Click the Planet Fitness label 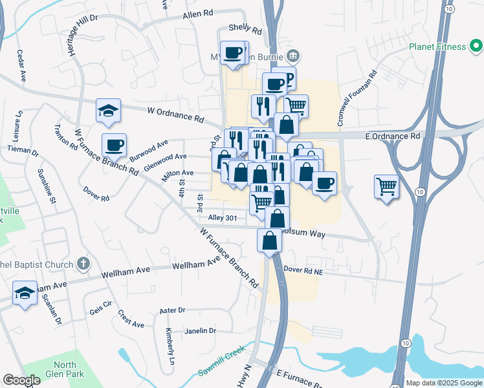point(437,47)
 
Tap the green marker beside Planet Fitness point(476,46)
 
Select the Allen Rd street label point(198,13)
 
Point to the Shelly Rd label point(245,30)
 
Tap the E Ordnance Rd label point(393,136)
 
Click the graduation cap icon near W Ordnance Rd point(108,111)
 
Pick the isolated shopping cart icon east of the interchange point(386,187)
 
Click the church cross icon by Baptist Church point(82,263)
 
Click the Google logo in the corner point(22,380)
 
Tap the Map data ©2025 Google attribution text point(443,383)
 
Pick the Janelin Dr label point(200,330)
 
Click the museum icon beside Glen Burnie point(293,55)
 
